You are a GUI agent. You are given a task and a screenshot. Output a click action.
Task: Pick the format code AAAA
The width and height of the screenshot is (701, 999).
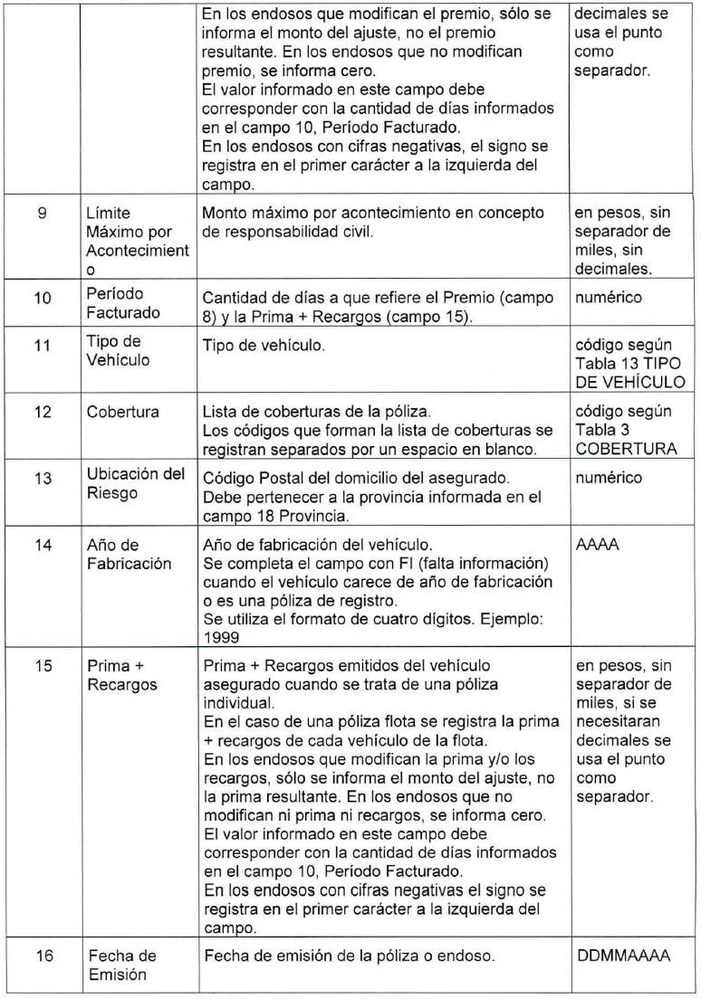pos(595,537)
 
